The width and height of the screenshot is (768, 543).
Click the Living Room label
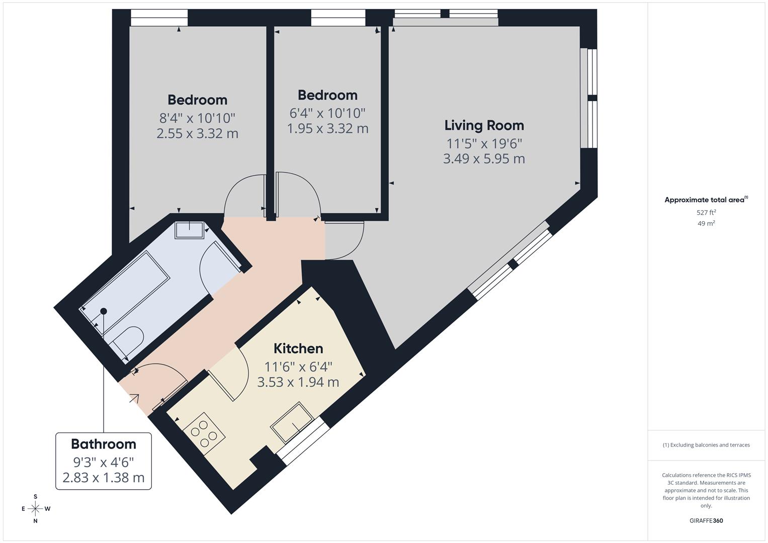(484, 125)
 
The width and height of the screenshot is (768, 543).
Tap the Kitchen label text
(298, 348)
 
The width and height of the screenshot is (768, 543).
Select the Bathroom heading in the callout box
(104, 444)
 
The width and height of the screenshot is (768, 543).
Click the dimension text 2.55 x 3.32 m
(197, 134)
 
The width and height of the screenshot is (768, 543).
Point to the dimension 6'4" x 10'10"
(327, 113)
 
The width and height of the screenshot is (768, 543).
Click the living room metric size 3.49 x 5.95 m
(484, 159)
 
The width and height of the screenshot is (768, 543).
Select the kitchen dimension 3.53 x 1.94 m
(298, 382)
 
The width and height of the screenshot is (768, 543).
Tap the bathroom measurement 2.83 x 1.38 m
(104, 478)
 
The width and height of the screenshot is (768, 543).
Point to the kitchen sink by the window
(292, 422)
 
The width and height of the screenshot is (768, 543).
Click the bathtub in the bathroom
(126, 286)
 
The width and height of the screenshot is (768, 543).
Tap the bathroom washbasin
(189, 230)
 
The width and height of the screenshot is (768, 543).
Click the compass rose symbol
(35, 509)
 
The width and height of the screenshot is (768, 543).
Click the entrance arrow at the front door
(134, 399)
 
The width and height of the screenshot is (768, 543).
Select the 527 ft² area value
(706, 213)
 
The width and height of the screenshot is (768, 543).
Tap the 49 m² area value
(706, 223)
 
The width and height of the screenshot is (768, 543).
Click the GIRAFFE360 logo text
(706, 520)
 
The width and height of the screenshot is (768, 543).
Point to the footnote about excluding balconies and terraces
(706, 445)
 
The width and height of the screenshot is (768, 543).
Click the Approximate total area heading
(706, 200)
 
